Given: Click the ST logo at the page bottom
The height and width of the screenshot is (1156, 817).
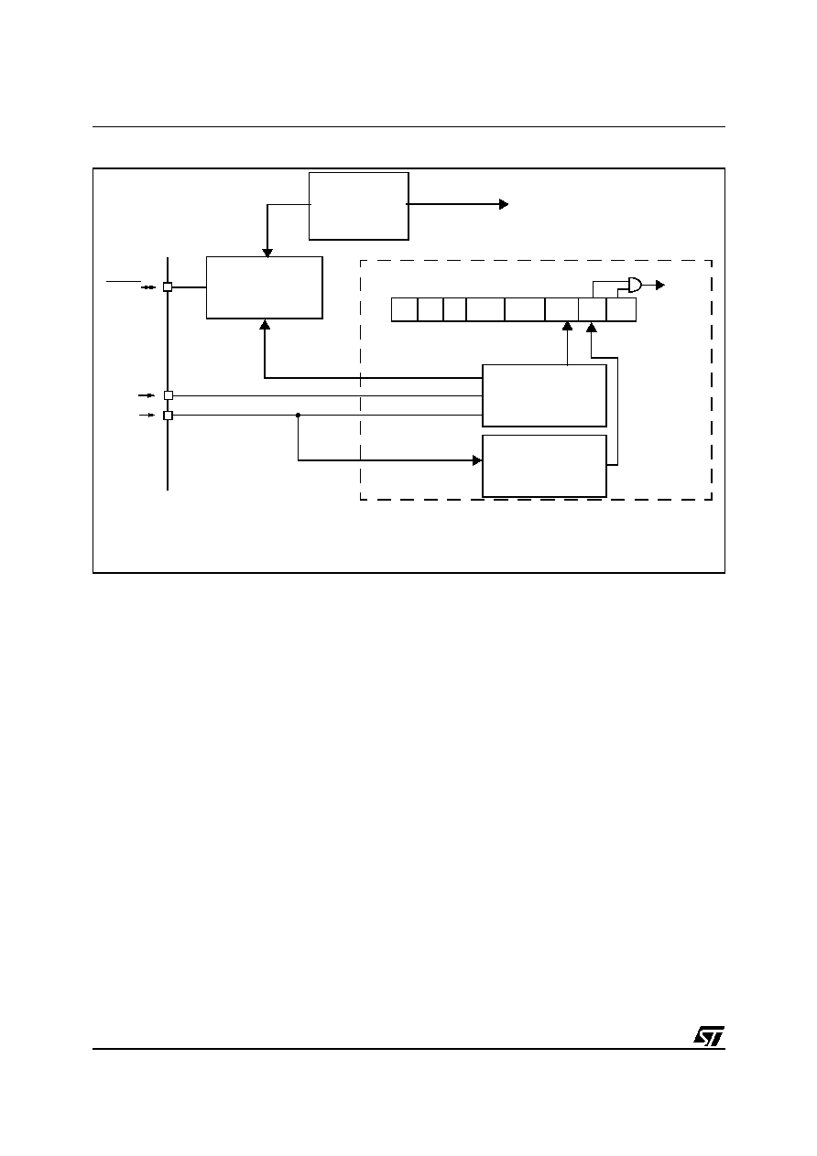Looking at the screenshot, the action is pyautogui.click(x=709, y=1035).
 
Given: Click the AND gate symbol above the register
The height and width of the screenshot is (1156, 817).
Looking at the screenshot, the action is pyautogui.click(x=635, y=285).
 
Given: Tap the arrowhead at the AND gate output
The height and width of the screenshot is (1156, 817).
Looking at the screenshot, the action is pyautogui.click(x=660, y=285).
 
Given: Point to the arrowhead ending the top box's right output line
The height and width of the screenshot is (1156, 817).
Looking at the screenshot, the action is pyautogui.click(x=504, y=204).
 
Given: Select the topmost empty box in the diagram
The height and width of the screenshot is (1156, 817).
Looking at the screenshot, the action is pyautogui.click(x=359, y=206).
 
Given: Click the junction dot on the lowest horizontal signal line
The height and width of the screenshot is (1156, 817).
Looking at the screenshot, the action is pyautogui.click(x=298, y=415).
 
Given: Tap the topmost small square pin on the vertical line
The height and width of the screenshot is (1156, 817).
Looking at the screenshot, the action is pyautogui.click(x=168, y=286).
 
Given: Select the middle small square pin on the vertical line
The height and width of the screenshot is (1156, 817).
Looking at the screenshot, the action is pyautogui.click(x=169, y=395).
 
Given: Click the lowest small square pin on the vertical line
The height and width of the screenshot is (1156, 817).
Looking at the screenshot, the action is pyautogui.click(x=168, y=416).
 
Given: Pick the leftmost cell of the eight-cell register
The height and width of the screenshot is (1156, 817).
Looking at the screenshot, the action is pyautogui.click(x=404, y=309).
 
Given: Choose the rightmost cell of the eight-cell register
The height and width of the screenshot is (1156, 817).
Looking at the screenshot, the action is pyautogui.click(x=621, y=309).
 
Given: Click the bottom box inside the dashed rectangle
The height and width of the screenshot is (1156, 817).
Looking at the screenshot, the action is pyautogui.click(x=544, y=466).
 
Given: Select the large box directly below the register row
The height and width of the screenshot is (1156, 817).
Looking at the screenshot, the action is pyautogui.click(x=544, y=395).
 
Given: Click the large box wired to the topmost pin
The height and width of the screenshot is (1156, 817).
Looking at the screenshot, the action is pyautogui.click(x=265, y=287).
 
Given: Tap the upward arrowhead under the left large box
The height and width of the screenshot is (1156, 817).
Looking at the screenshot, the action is pyautogui.click(x=265, y=325).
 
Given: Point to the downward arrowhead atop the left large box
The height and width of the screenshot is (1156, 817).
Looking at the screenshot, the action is pyautogui.click(x=267, y=253).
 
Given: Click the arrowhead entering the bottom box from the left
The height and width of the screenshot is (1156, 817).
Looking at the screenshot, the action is pyautogui.click(x=477, y=460).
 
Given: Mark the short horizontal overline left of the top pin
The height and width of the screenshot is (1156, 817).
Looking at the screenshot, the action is pyautogui.click(x=124, y=281).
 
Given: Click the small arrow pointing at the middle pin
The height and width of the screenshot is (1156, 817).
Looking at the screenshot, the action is pyautogui.click(x=147, y=395).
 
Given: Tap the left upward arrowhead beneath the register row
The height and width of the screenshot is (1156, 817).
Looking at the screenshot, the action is pyautogui.click(x=567, y=326).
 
